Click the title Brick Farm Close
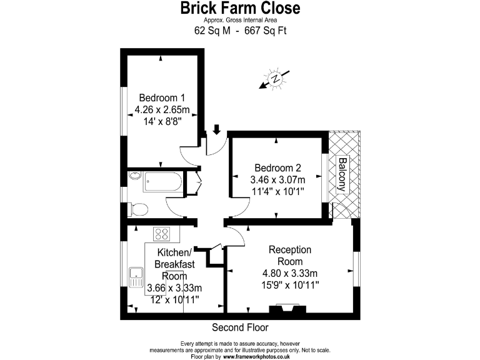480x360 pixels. (240, 9)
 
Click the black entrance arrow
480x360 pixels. (217, 129)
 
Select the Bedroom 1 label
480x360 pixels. (162, 98)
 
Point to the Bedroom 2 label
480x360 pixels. (277, 168)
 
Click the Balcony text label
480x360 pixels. (342, 174)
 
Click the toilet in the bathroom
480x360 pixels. (138, 209)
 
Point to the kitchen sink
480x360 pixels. (136, 275)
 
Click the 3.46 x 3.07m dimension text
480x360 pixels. (277, 181)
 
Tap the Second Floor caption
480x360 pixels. (240, 327)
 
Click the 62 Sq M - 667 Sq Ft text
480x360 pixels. (240, 30)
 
